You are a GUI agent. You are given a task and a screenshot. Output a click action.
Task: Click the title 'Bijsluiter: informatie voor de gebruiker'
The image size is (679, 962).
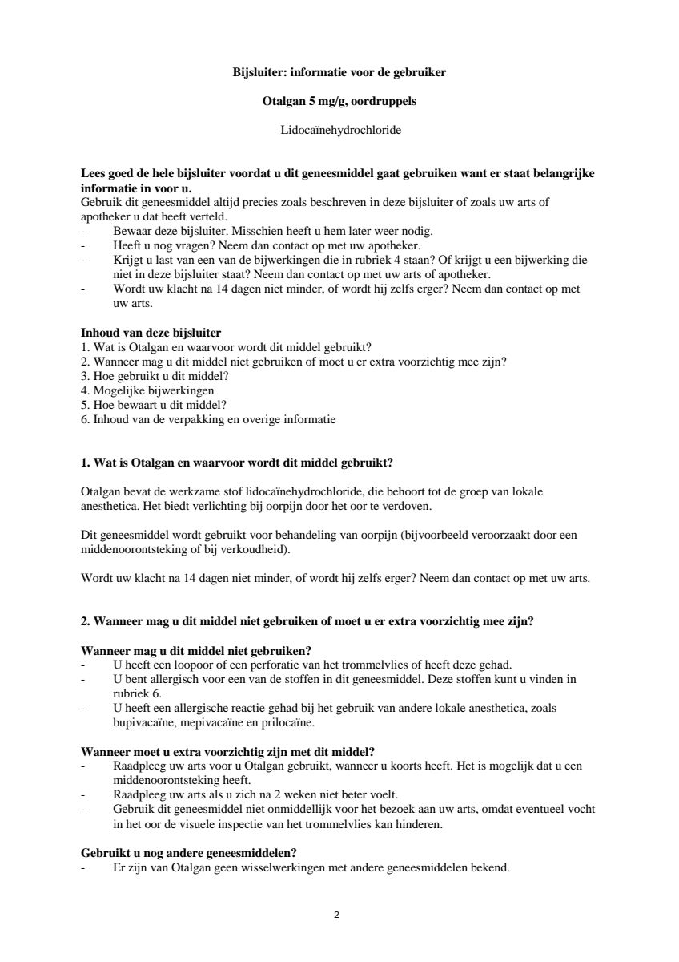(x=339, y=73)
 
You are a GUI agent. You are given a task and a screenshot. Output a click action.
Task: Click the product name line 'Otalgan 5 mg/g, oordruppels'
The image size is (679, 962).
(x=339, y=102)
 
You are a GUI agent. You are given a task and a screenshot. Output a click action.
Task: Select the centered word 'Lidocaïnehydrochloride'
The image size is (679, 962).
(x=339, y=130)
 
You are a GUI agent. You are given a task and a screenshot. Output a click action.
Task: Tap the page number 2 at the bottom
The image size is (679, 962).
(x=336, y=915)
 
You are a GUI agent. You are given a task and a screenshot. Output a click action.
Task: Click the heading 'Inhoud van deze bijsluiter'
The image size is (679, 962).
(x=151, y=333)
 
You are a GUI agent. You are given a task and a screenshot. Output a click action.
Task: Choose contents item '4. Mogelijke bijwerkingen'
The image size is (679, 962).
(x=147, y=390)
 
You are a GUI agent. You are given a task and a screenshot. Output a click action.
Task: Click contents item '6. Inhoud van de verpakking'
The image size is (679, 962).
(x=208, y=419)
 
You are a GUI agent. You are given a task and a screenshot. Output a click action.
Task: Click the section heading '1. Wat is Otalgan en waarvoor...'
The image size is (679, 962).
(x=237, y=463)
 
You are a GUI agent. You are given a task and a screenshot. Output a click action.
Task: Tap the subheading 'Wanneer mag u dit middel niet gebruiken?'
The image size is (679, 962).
(x=196, y=650)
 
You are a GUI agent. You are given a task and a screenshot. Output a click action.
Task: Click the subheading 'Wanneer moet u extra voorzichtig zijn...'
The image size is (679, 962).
(x=228, y=751)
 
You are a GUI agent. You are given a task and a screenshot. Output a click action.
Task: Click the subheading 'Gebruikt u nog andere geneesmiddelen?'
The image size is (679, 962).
(x=189, y=852)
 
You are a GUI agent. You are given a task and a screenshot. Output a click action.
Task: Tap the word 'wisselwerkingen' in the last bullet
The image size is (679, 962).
(x=271, y=867)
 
